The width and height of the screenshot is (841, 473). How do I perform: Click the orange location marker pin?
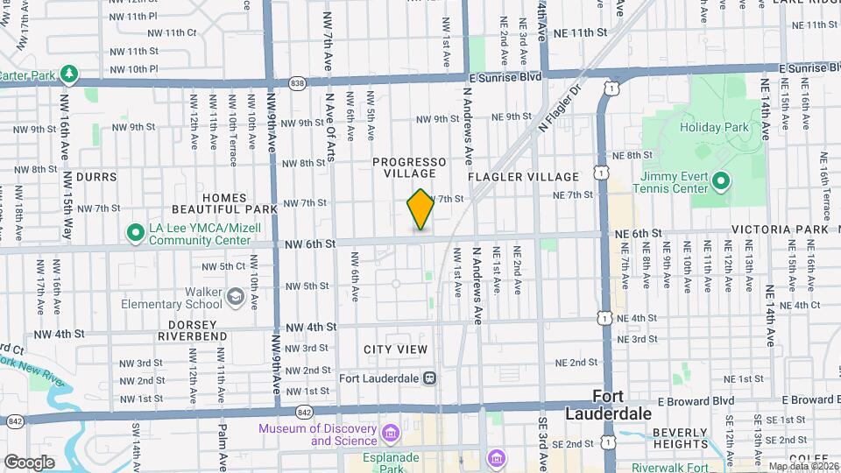[420, 210]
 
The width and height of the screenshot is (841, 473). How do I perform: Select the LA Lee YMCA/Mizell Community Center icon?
[135, 233]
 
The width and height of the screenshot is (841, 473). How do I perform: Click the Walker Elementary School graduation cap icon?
[235, 297]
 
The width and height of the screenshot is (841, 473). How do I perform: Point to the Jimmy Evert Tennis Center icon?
[720, 182]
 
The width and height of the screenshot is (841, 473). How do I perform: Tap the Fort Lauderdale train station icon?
[429, 378]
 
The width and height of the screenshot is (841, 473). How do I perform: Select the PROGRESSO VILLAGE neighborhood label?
[409, 168]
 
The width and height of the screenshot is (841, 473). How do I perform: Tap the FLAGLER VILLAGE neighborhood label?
[524, 177]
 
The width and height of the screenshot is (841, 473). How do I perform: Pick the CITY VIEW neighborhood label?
[396, 349]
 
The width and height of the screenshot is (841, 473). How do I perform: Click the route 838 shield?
[298, 83]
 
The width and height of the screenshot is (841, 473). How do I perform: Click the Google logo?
[29, 462]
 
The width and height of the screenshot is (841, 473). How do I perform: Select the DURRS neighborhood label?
[96, 177]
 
